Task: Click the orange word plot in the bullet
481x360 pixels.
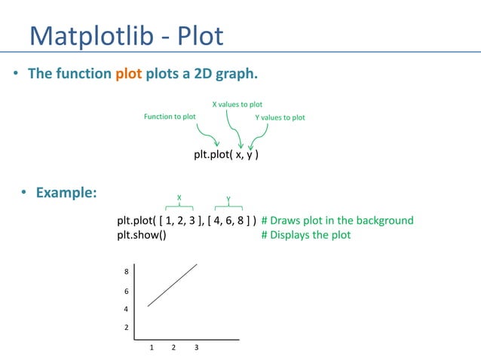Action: [x=129, y=74]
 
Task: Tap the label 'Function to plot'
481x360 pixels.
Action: [x=170, y=117]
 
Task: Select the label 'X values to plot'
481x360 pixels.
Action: [x=236, y=104]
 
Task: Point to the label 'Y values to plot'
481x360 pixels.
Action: [x=280, y=117]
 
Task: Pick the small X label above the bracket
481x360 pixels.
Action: [x=179, y=197]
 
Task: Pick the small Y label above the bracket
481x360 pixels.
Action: [x=228, y=200]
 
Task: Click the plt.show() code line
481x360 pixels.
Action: [x=142, y=235]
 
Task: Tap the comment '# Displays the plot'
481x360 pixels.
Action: [x=306, y=235]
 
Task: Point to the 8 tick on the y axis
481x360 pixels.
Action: [x=126, y=272]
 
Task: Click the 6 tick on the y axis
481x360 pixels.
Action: [x=126, y=291]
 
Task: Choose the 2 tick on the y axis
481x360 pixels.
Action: [x=126, y=328]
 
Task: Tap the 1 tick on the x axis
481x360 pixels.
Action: [x=152, y=348]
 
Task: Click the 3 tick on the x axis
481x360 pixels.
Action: [x=196, y=348]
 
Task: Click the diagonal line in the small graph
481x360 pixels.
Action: [x=173, y=285]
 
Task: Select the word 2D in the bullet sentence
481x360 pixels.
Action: [x=184, y=74]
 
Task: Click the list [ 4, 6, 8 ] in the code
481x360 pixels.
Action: [x=229, y=221]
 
